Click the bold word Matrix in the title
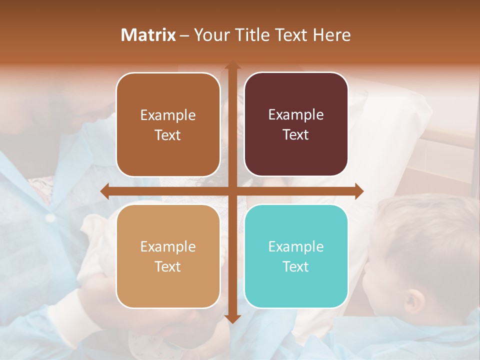[148, 35]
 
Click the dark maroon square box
[296, 124]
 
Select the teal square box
[296, 256]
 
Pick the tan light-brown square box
[168, 256]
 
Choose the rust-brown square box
[168, 124]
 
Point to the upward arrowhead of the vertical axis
[232, 65]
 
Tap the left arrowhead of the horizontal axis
[104, 191]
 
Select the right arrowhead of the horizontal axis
[359, 191]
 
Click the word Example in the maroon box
[296, 115]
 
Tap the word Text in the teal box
[296, 267]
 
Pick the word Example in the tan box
[168, 247]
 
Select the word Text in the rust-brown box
[168, 135]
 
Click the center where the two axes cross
[232, 191]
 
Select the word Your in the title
[209, 35]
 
